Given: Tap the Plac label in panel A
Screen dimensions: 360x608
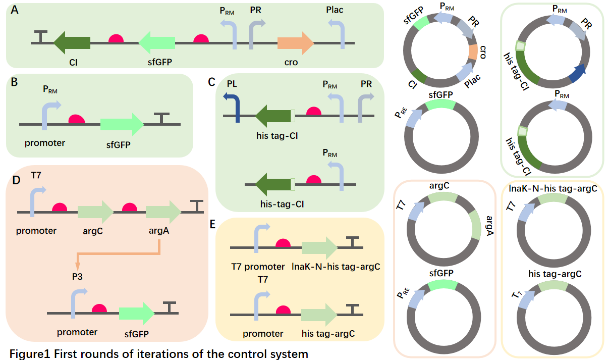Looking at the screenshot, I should (335, 10).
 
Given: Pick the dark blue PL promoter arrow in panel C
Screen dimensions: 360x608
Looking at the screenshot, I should (233, 106).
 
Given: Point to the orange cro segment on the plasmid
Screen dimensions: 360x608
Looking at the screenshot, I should (473, 52).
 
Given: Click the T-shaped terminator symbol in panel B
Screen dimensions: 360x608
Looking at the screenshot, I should (161, 118).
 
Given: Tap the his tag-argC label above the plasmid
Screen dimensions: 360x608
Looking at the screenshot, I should (555, 274).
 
